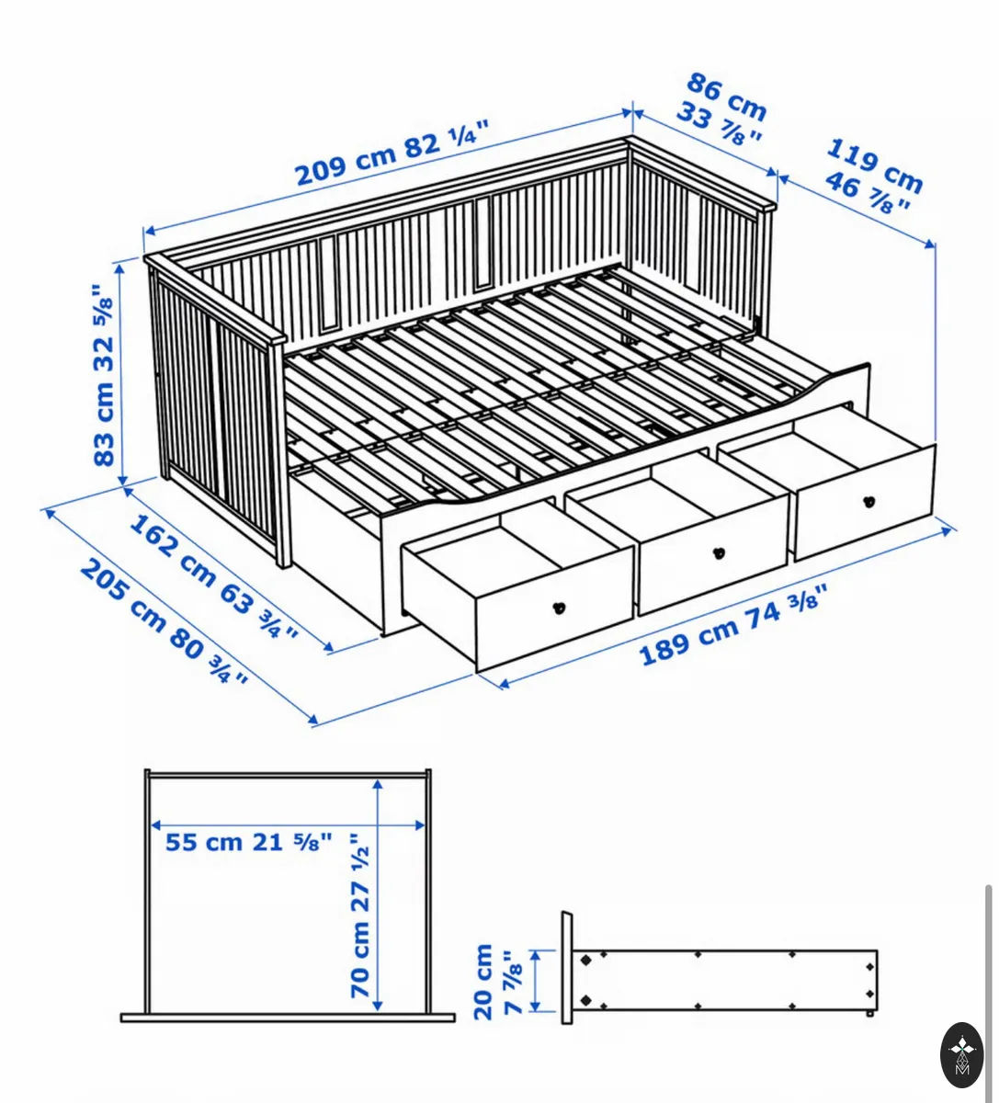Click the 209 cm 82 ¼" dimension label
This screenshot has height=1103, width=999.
click(392, 153)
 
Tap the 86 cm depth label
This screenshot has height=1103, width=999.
click(726, 97)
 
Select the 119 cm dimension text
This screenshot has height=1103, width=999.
click(874, 165)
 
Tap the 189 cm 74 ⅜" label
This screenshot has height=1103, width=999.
click(732, 625)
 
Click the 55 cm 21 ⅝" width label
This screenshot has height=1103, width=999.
click(248, 842)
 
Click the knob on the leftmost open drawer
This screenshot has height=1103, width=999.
click(559, 608)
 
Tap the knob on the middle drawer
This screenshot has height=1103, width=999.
click(718, 552)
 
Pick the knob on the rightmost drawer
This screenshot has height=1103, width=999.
click(869, 501)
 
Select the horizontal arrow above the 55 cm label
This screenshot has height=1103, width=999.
click(288, 824)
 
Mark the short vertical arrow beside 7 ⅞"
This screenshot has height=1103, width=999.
click(534, 981)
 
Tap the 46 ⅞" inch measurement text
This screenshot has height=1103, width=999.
click(868, 192)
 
